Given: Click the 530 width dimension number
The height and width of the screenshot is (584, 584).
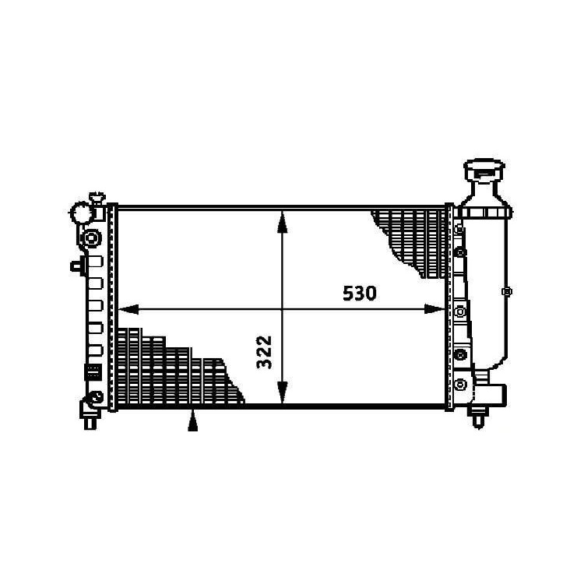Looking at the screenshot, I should click(x=360, y=294).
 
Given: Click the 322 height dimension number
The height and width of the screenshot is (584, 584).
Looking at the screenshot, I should click(x=264, y=353).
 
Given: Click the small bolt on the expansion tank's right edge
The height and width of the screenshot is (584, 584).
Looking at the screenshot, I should click(x=507, y=293).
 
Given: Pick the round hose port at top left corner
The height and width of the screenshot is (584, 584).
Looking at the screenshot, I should click(x=82, y=212).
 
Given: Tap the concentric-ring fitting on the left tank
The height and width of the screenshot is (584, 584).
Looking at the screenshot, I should click(x=91, y=237).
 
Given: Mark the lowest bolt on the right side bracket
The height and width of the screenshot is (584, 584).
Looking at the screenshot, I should click(x=461, y=383).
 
